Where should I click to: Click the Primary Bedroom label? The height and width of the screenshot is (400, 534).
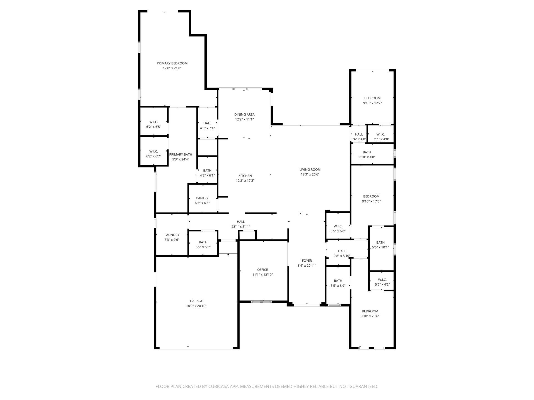pos(172,63)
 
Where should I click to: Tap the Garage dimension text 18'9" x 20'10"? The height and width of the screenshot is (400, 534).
pos(196,306)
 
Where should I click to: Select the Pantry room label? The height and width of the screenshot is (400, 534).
pos(202,198)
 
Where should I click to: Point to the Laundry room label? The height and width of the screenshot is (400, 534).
pos(172,235)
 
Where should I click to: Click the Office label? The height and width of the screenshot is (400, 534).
pos(262,270)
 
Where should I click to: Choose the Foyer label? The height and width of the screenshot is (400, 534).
pos(307,261)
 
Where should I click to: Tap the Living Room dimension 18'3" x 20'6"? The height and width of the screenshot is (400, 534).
pos(310,174)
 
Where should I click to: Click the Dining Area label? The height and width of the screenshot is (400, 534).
pos(244,114)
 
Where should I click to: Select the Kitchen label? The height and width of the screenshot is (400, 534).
pos(245,176)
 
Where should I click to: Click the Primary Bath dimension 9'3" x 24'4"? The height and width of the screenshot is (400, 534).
pos(181,159)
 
